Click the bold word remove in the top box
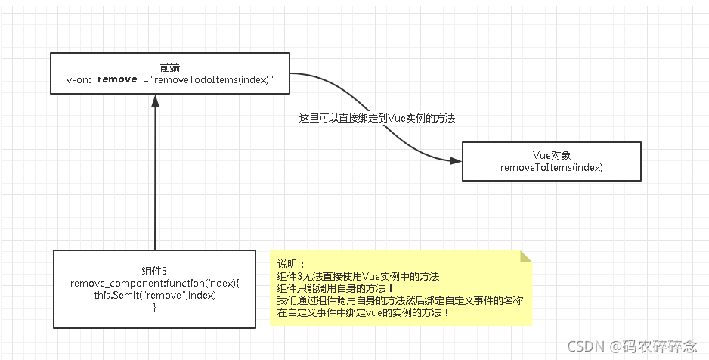117,79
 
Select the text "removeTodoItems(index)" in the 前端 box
212,79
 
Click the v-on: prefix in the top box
79,79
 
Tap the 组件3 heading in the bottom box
154,271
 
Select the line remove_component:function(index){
154,283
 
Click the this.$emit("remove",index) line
154,295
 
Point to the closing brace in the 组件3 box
154,307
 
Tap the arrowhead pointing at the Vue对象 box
456,160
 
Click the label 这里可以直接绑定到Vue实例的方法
376,119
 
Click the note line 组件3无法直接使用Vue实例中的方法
358,277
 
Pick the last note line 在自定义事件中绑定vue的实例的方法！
364,312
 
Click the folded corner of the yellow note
526,256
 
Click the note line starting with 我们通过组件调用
400,300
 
